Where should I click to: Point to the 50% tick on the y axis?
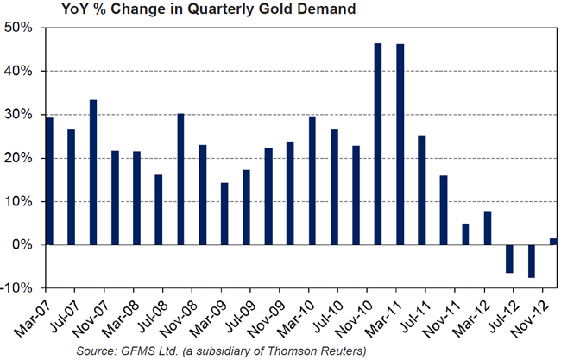[x=18, y=28]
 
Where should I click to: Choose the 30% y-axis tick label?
[x=18, y=115]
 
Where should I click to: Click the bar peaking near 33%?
[x=92, y=173]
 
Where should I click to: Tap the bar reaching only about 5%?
[x=465, y=234]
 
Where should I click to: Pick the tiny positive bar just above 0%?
[x=553, y=242]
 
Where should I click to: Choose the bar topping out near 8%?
[x=487, y=228]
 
